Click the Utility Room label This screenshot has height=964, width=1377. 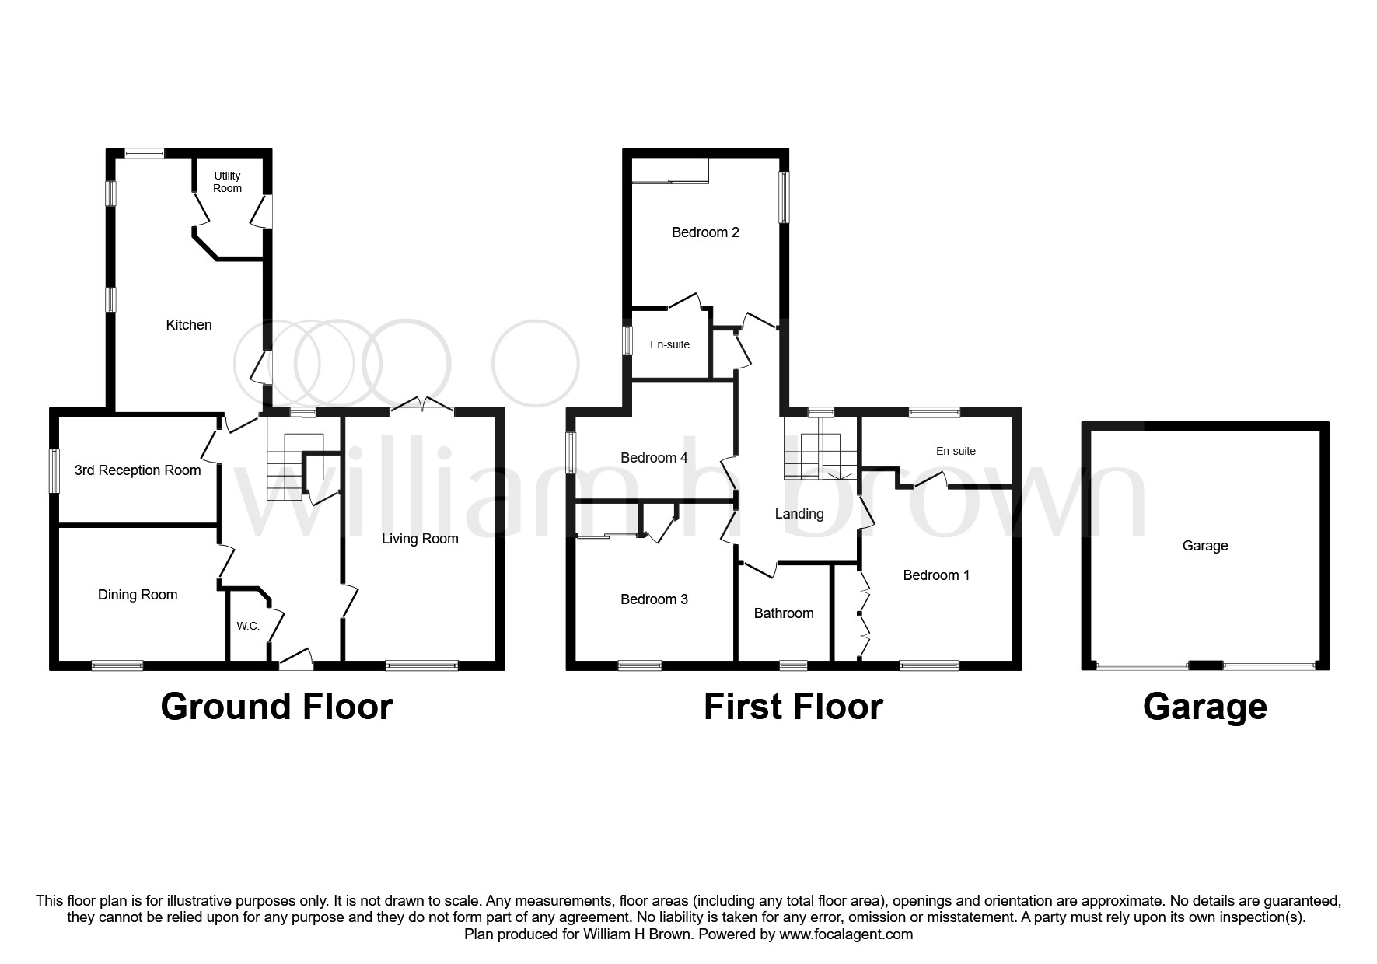[228, 182]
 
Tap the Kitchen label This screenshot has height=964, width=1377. [189, 325]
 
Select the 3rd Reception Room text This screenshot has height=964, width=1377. [138, 470]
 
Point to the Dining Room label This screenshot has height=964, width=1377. [138, 595]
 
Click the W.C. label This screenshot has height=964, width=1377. [248, 627]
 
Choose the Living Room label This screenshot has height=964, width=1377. [420, 539]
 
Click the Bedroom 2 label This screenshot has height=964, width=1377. [705, 232]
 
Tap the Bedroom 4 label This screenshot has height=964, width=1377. [654, 458]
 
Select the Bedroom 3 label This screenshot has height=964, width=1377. [654, 599]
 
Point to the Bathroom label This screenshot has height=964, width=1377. [784, 613]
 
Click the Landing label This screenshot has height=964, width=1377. [799, 514]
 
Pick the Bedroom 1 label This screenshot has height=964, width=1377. [936, 575]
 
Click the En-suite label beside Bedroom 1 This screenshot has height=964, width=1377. [956, 451]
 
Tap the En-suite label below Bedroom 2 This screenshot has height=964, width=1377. [669, 344]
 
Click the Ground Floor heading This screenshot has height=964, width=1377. [277, 707]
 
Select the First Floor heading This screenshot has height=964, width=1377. [793, 707]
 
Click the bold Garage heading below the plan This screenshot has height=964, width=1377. [1204, 707]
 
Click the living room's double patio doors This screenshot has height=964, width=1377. [422, 404]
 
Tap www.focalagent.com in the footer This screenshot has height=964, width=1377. [846, 934]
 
